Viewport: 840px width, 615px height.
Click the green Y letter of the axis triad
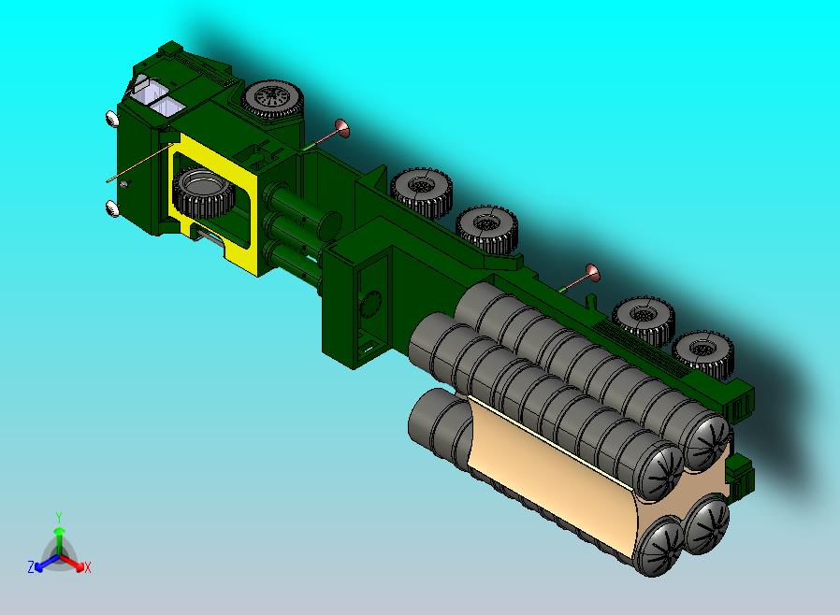(59, 517)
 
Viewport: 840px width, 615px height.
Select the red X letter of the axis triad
(87, 567)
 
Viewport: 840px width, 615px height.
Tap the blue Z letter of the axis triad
(31, 567)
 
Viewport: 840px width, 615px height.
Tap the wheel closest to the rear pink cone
(644, 319)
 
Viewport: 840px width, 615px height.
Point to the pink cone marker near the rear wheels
(591, 272)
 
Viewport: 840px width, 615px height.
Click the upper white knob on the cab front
(110, 119)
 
